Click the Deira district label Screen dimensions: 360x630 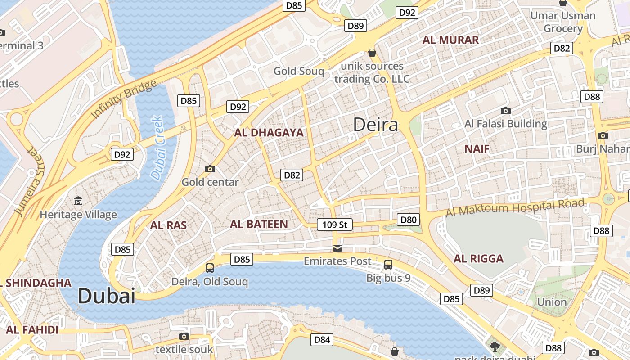(375, 125)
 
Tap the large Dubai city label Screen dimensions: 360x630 (106, 296)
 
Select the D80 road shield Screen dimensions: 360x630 (409, 220)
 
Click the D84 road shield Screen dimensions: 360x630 (322, 339)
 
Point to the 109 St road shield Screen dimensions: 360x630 (334, 224)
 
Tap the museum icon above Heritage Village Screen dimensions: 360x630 (78, 201)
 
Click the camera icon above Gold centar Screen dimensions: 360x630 (210, 169)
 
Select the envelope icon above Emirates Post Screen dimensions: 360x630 (337, 248)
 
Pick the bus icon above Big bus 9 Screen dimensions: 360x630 (388, 265)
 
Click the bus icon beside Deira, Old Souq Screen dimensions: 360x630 (210, 268)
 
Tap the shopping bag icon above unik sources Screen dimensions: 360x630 (372, 53)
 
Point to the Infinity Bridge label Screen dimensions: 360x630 (124, 99)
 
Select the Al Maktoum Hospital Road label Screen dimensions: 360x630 (515, 208)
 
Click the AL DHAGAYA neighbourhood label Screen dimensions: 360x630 (269, 133)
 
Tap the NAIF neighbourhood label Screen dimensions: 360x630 (477, 149)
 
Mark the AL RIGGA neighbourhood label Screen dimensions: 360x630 (478, 259)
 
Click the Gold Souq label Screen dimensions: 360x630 (299, 71)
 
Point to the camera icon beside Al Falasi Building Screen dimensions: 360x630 (506, 111)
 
